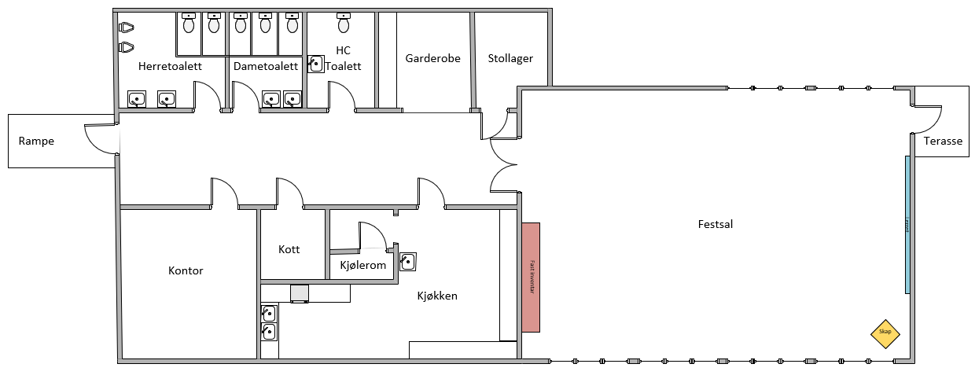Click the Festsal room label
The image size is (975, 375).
(715, 224)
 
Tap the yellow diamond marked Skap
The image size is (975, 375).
(885, 333)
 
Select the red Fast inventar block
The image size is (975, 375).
(531, 278)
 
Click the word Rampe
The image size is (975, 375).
(36, 142)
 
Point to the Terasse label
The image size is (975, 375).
(944, 142)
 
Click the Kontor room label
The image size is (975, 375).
(186, 270)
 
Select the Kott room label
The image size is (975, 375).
(289, 249)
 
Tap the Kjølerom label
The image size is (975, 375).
(362, 265)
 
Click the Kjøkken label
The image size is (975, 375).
(437, 296)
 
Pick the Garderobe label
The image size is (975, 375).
(432, 58)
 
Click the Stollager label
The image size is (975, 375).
(510, 58)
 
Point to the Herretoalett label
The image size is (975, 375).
(171, 66)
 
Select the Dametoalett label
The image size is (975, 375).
(266, 66)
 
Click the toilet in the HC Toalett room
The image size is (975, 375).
(344, 24)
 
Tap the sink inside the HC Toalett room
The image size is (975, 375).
(316, 64)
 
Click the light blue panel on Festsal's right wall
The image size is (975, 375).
(907, 225)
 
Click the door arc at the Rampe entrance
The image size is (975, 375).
(98, 140)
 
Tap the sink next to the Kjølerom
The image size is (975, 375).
(407, 261)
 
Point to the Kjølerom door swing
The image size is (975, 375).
(372, 234)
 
